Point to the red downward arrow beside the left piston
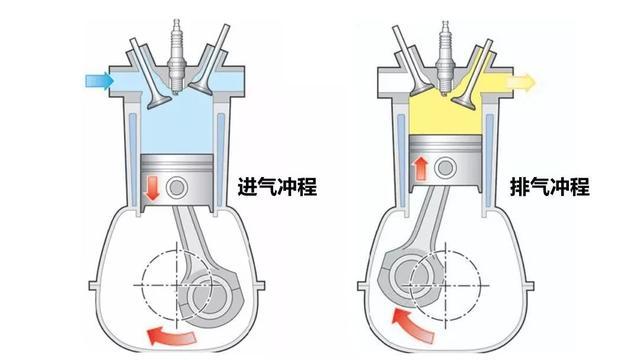[152, 189]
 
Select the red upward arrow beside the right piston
[420, 164]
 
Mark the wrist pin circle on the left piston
[179, 187]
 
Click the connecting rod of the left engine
[190, 235]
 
